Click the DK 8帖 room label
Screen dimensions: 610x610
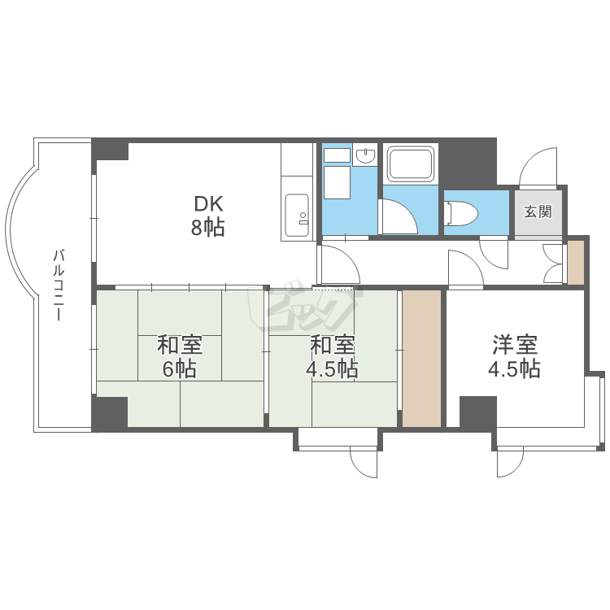[x=207, y=216]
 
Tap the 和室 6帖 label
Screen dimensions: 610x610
[x=180, y=357]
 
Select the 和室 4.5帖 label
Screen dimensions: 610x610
[x=333, y=357]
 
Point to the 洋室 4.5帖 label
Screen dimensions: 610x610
[x=515, y=357]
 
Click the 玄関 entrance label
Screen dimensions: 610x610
[x=538, y=212]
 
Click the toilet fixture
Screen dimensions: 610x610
[x=462, y=213]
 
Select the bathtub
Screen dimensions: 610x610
[x=411, y=163]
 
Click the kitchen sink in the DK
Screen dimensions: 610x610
[x=298, y=216]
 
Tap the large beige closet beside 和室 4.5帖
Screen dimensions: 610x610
[x=421, y=359]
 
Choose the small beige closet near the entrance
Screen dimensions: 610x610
[x=576, y=263]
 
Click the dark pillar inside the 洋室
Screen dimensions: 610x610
[x=478, y=412]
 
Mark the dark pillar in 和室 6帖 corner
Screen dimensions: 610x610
[x=110, y=412]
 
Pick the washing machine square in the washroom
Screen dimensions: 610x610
[x=337, y=183]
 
